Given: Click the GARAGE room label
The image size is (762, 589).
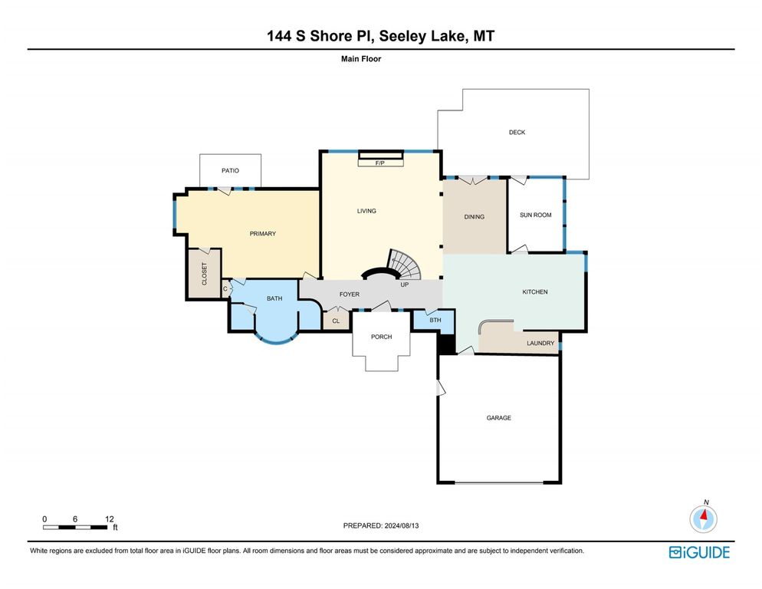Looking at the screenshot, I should [x=498, y=418].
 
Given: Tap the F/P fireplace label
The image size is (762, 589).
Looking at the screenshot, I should [x=379, y=163].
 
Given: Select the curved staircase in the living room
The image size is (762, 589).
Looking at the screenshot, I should [x=404, y=265].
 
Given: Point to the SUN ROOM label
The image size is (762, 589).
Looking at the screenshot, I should [x=536, y=216].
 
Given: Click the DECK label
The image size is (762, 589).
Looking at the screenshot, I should [x=517, y=133].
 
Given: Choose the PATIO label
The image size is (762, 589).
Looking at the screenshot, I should [x=230, y=170].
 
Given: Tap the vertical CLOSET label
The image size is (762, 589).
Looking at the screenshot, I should [x=205, y=274].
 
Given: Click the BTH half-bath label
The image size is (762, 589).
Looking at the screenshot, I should [x=435, y=320].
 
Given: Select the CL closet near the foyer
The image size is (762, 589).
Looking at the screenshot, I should [x=336, y=321].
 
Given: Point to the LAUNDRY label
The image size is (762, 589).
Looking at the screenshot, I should [x=540, y=343].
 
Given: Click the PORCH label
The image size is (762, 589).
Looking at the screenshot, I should [x=381, y=337].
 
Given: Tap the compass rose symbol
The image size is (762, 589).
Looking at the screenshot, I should [x=703, y=519].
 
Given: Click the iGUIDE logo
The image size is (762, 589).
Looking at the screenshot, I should [x=698, y=552].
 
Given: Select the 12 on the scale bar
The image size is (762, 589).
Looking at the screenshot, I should [x=110, y=518].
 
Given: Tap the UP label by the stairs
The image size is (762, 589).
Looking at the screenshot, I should [x=403, y=285].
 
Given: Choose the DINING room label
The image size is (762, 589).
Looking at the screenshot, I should [x=474, y=217].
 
